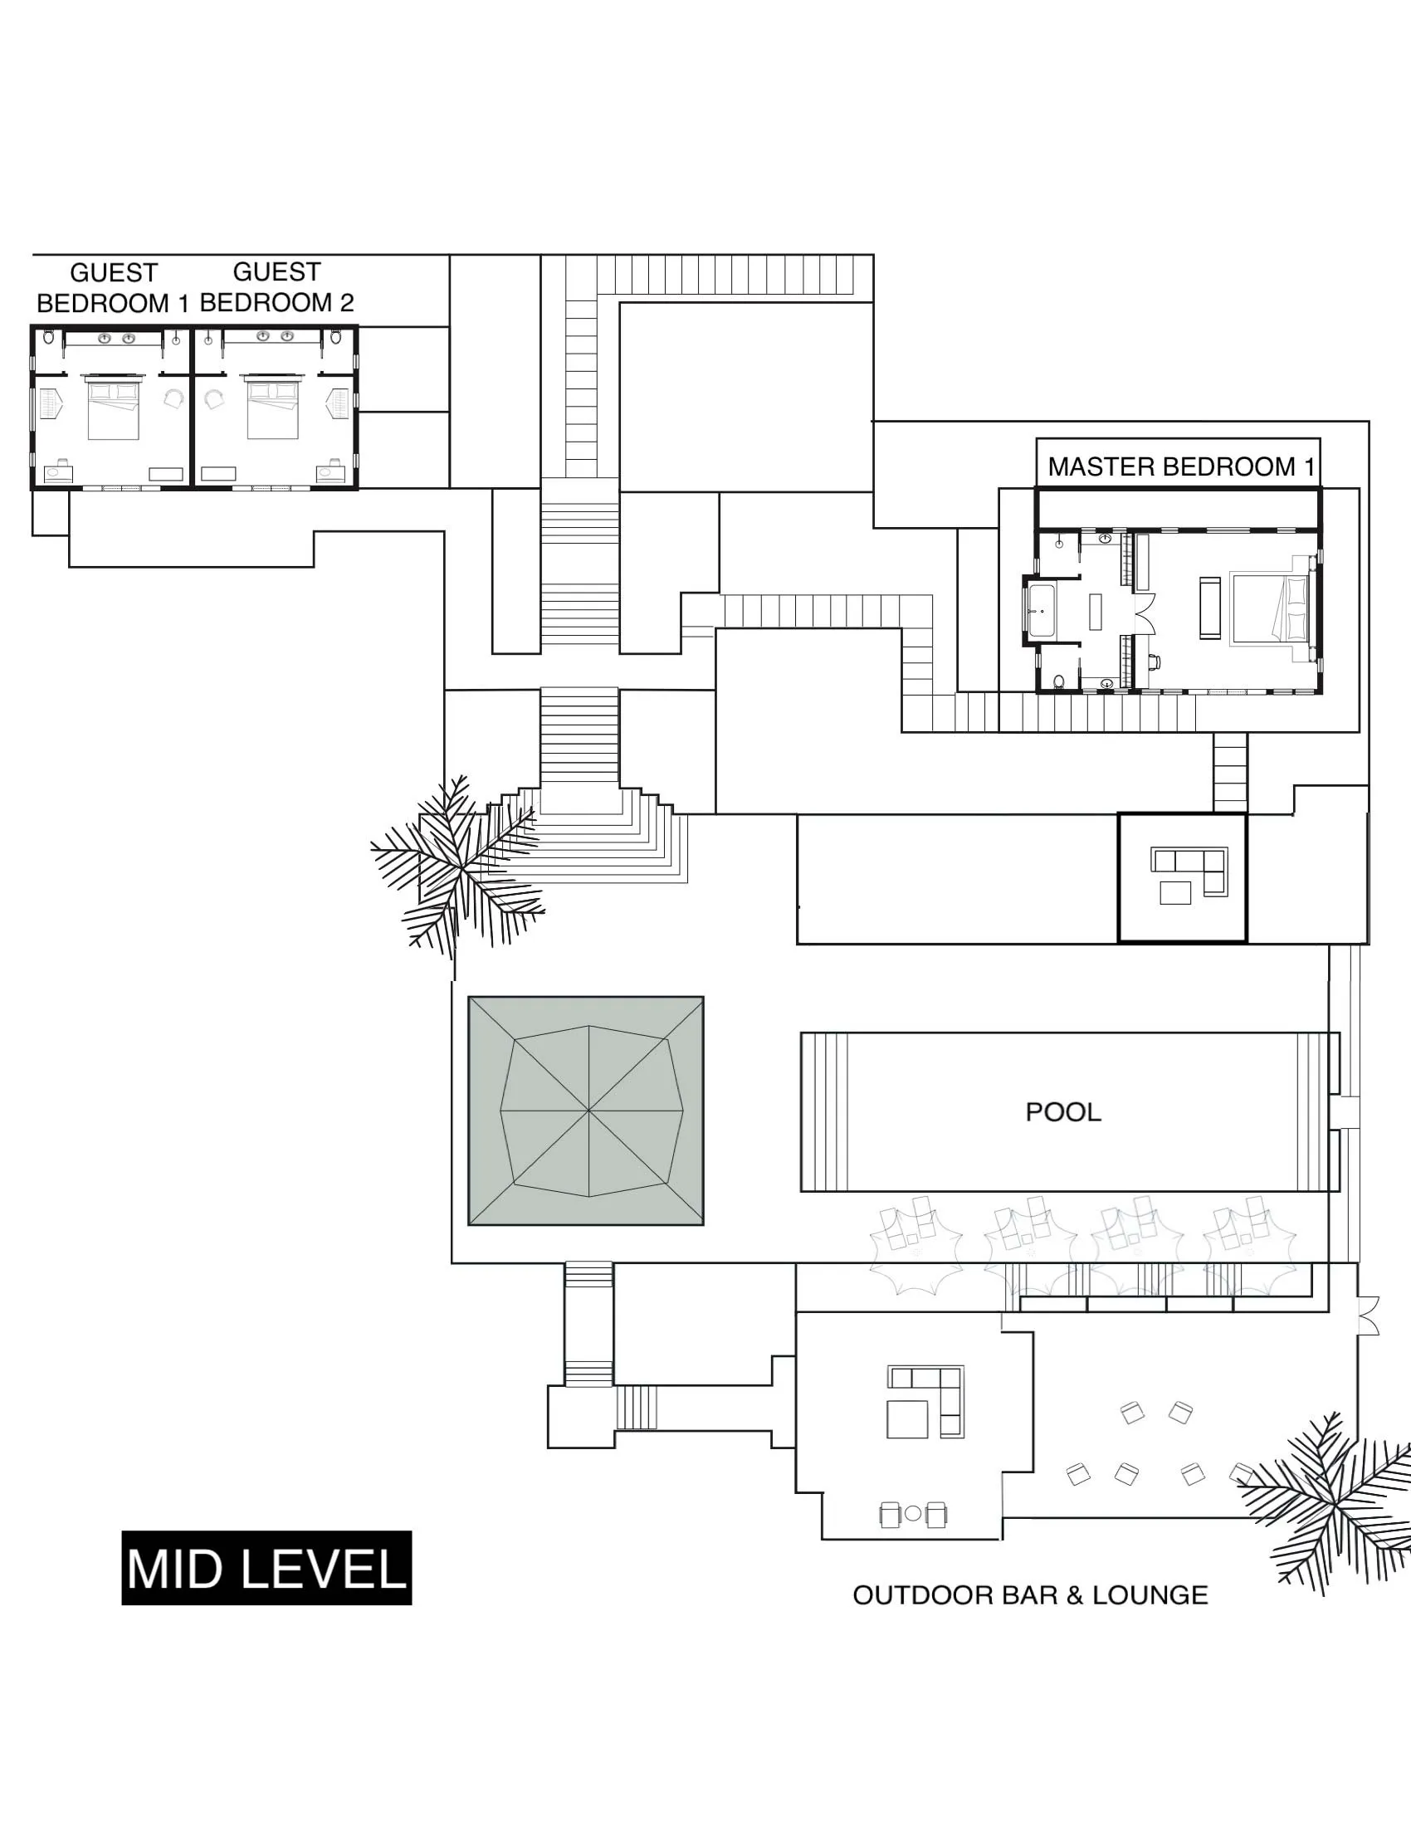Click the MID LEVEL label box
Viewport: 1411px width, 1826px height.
coord(266,1568)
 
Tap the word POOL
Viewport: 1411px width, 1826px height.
coord(1062,1112)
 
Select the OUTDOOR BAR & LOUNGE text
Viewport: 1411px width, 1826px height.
coord(1030,1594)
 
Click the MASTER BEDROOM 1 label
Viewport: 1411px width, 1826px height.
coord(1180,466)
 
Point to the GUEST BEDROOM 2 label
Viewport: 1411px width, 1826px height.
coord(276,288)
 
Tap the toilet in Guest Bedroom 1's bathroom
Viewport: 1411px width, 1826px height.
coord(48,337)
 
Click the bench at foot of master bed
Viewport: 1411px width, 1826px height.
coord(1208,608)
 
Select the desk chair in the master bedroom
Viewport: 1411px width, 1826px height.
coord(1154,663)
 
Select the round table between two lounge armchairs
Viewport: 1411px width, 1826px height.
coord(913,1512)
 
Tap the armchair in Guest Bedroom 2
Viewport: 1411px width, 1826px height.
coord(215,400)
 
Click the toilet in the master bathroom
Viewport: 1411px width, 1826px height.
coord(1059,681)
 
